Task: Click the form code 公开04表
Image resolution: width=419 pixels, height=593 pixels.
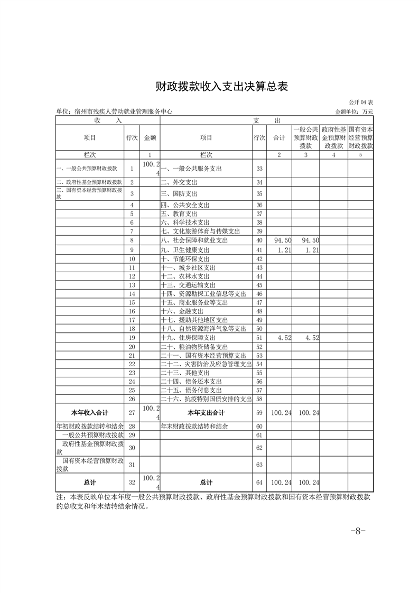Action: pyautogui.click(x=361, y=102)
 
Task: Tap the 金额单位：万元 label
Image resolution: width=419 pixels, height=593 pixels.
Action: pyautogui.click(x=354, y=112)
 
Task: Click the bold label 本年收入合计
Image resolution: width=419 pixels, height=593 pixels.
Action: pyautogui.click(x=89, y=412)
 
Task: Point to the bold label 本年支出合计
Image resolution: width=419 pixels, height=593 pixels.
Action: pyautogui.click(x=206, y=412)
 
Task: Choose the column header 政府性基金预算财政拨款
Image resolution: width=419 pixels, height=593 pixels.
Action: pyautogui.click(x=333, y=137)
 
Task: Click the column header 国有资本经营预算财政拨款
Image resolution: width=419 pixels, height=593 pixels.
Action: pyautogui.click(x=361, y=137)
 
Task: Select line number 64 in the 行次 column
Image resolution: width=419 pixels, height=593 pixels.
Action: pyautogui.click(x=259, y=483)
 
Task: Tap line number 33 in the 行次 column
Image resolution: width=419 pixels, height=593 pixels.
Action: pyautogui.click(x=259, y=169)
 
